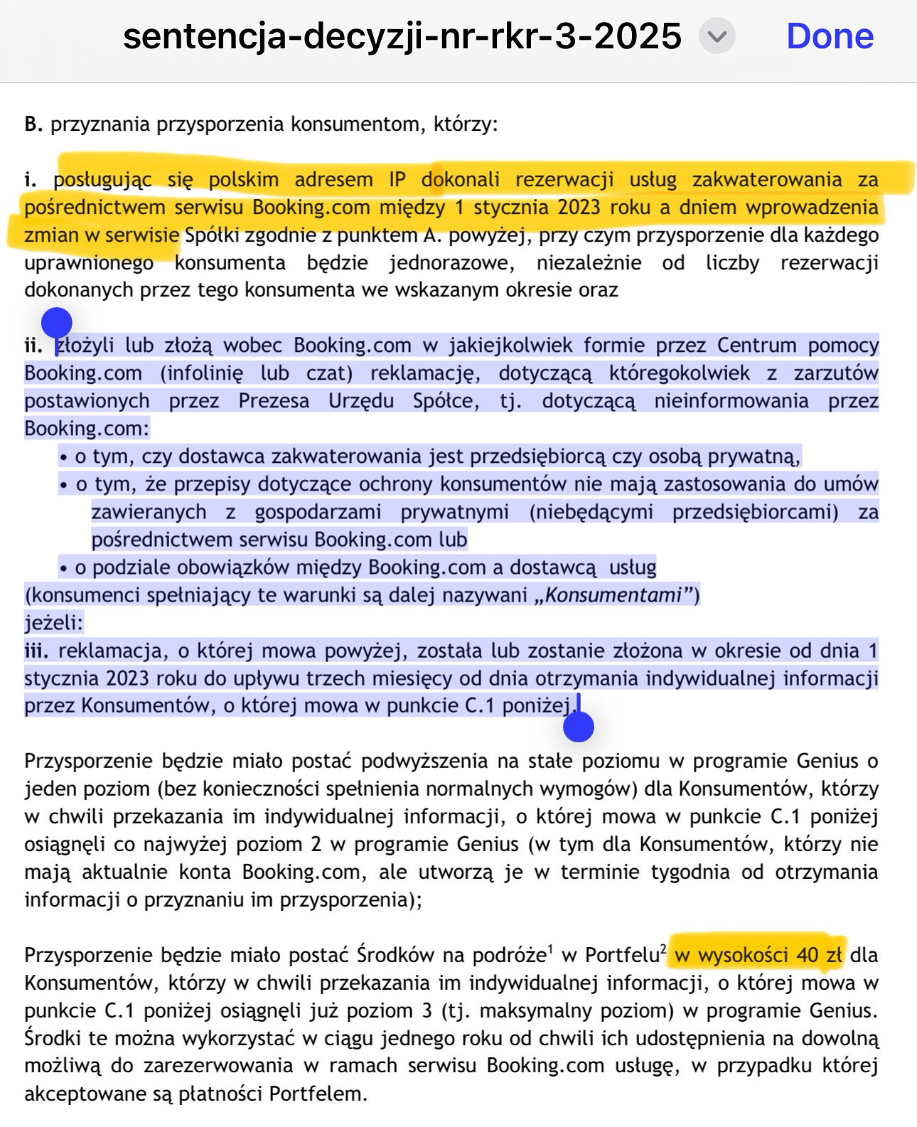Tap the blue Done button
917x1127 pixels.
pyautogui.click(x=830, y=36)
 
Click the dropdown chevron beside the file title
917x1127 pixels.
pyautogui.click(x=717, y=36)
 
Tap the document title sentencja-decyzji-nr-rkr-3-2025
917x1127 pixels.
pyautogui.click(x=402, y=36)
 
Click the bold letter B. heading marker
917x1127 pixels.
pyautogui.click(x=33, y=124)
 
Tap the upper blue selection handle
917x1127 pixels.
pyautogui.click(x=57, y=324)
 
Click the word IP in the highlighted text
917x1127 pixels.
pyautogui.click(x=397, y=179)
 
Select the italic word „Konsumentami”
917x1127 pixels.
pyautogui.click(x=614, y=595)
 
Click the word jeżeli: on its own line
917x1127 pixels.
pyautogui.click(x=54, y=624)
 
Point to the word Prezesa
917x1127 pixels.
pyautogui.click(x=274, y=401)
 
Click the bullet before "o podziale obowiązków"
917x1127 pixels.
pyautogui.click(x=63, y=569)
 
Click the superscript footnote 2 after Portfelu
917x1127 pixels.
pyautogui.click(x=663, y=948)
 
